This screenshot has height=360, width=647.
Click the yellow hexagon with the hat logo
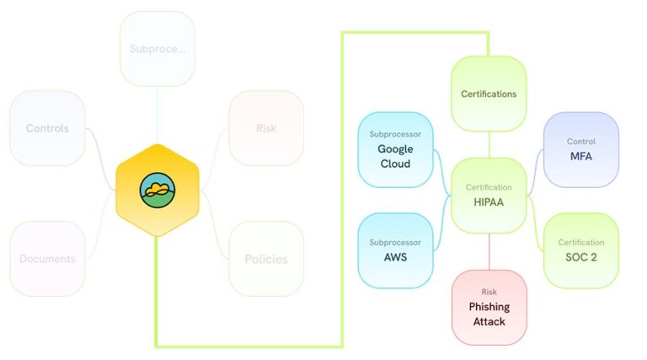point(157,190)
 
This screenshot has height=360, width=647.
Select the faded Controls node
point(47,128)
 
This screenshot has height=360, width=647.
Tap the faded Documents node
point(47,259)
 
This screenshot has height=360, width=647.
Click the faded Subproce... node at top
point(158,48)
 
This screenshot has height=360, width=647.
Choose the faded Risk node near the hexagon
point(266,128)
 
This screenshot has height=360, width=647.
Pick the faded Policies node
point(266,259)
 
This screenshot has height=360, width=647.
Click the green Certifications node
point(489,94)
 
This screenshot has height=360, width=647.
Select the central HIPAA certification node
point(489,195)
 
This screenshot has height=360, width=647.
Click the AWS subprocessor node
point(394,250)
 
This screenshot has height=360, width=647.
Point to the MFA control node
point(581,149)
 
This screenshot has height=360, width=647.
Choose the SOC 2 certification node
point(581,250)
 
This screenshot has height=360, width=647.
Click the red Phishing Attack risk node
point(489,307)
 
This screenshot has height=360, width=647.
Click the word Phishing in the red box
point(489,307)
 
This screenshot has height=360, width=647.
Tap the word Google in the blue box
point(394,149)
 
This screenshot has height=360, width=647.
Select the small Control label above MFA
point(581,141)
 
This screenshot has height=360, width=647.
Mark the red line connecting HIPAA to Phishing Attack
point(489,251)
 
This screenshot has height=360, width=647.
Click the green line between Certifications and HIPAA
point(489,144)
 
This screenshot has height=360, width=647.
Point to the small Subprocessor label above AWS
point(394,242)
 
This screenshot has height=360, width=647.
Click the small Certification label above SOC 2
point(581,242)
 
